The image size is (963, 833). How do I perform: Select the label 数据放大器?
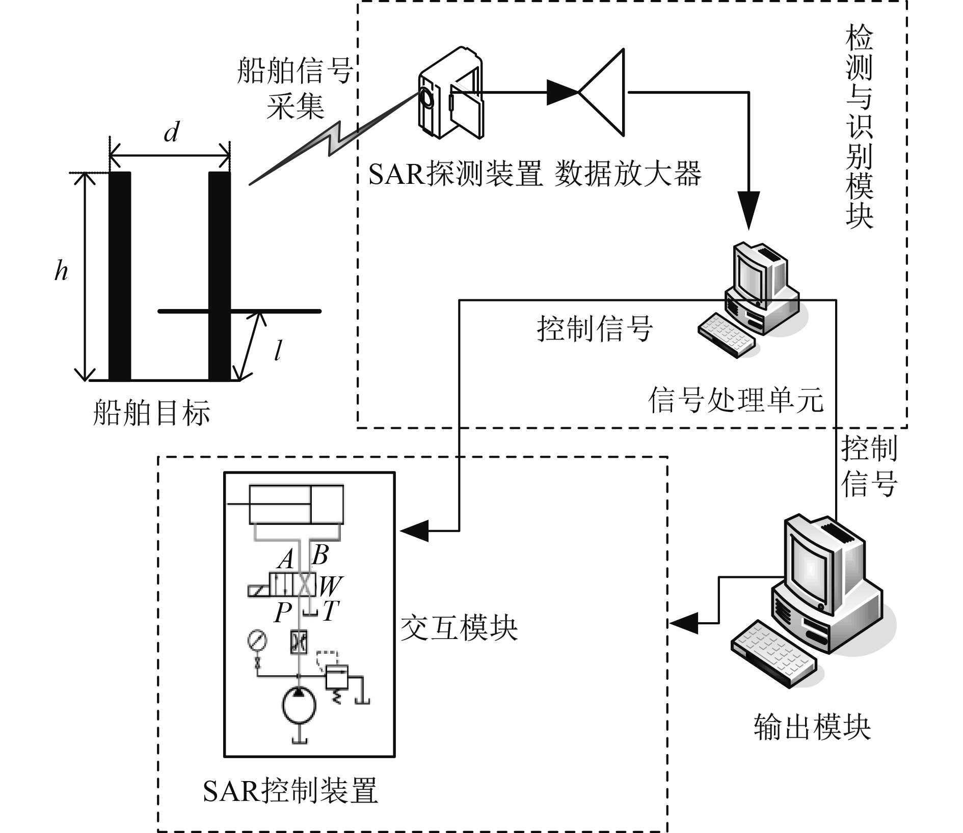click(628, 175)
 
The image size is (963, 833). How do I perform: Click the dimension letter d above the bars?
click(171, 133)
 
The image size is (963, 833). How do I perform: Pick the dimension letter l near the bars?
click(278, 351)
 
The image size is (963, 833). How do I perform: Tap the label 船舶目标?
click(151, 412)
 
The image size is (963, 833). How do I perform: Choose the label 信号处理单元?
click(736, 400)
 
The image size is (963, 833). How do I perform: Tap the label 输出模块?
click(812, 727)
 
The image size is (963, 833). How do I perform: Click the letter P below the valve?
click(283, 613)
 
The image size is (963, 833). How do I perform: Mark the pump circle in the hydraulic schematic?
click(299, 705)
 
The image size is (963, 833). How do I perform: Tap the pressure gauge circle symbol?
click(257, 640)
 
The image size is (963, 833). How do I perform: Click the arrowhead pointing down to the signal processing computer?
click(748, 210)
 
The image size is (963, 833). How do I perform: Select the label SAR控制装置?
click(290, 791)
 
